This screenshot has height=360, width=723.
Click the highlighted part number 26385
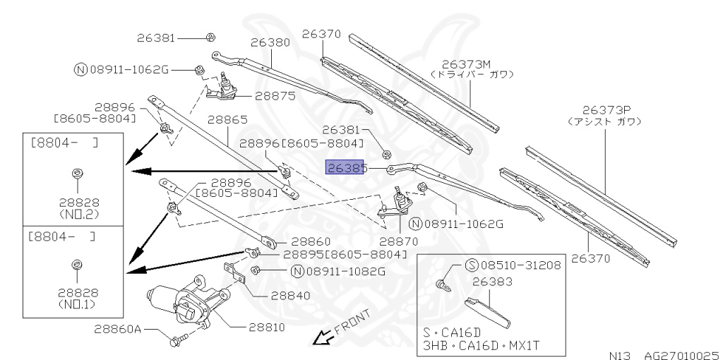[x=345, y=168]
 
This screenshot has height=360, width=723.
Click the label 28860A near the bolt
[x=118, y=330]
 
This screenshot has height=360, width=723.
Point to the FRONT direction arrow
[x=324, y=339]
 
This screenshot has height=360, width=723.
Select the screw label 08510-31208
[x=513, y=266]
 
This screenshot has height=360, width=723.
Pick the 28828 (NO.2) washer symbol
[x=76, y=173]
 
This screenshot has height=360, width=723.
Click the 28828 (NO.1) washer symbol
[x=76, y=264]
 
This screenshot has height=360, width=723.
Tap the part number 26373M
[x=471, y=64]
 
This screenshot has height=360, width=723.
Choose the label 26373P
[x=606, y=110]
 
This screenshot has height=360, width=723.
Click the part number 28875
[x=275, y=95]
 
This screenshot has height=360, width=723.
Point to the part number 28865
[x=227, y=120]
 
